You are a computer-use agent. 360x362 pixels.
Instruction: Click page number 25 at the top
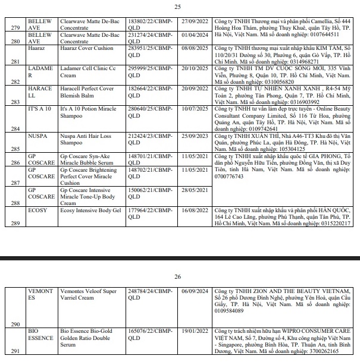[x=177, y=7]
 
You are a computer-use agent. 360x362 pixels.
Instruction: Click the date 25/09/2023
[x=179, y=136]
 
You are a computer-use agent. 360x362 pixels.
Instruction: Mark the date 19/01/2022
[x=179, y=329]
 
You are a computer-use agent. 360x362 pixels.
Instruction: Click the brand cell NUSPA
[x=39, y=136]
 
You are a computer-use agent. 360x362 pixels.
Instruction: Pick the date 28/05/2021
[x=179, y=190]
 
